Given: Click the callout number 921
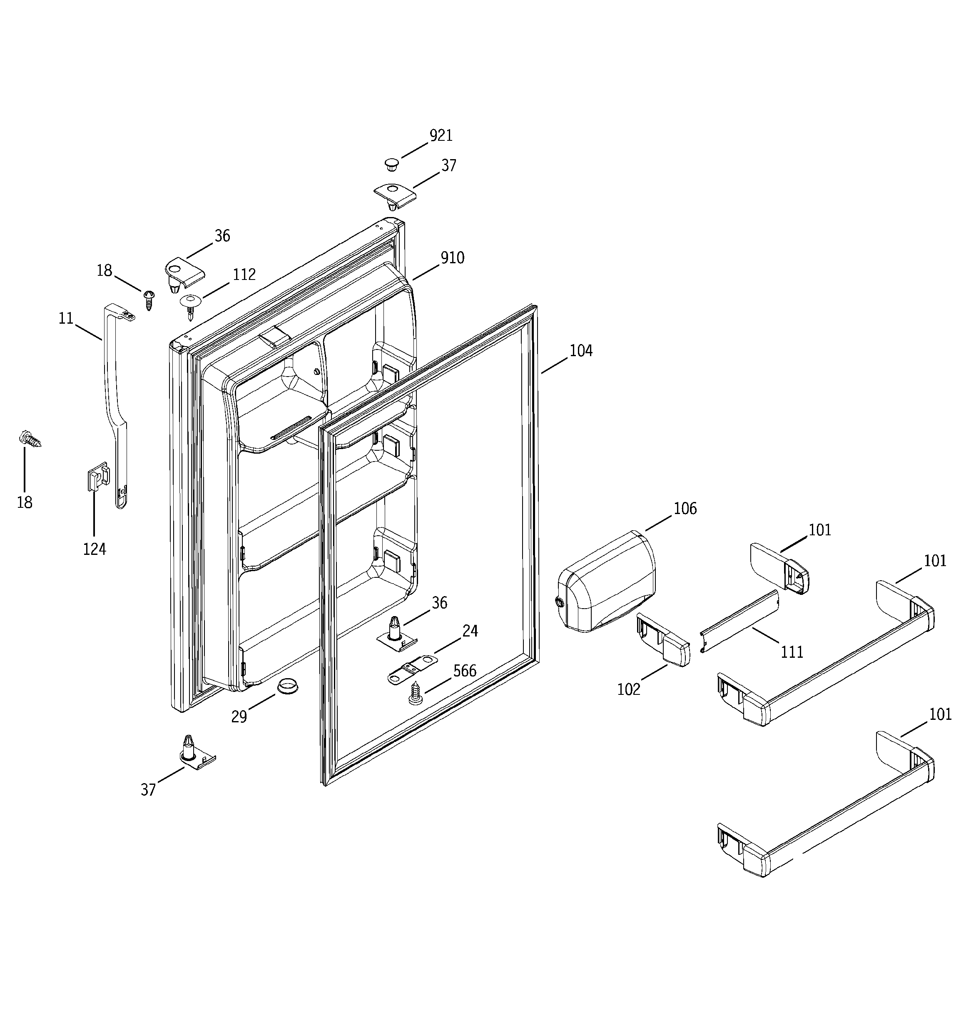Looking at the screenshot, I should (441, 136).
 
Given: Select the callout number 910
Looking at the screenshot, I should (452, 258).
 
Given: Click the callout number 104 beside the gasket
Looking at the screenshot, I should (581, 351).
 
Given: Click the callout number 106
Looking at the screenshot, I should (685, 509).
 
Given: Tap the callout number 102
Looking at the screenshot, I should (628, 689).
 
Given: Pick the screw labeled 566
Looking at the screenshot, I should (416, 694).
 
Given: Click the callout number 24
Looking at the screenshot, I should (470, 631).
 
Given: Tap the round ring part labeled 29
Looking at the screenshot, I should (289, 686).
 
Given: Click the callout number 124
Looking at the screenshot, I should (95, 549).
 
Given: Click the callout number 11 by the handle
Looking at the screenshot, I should (66, 318).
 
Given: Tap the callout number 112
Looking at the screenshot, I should (244, 275).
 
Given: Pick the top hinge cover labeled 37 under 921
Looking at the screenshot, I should (395, 194).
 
